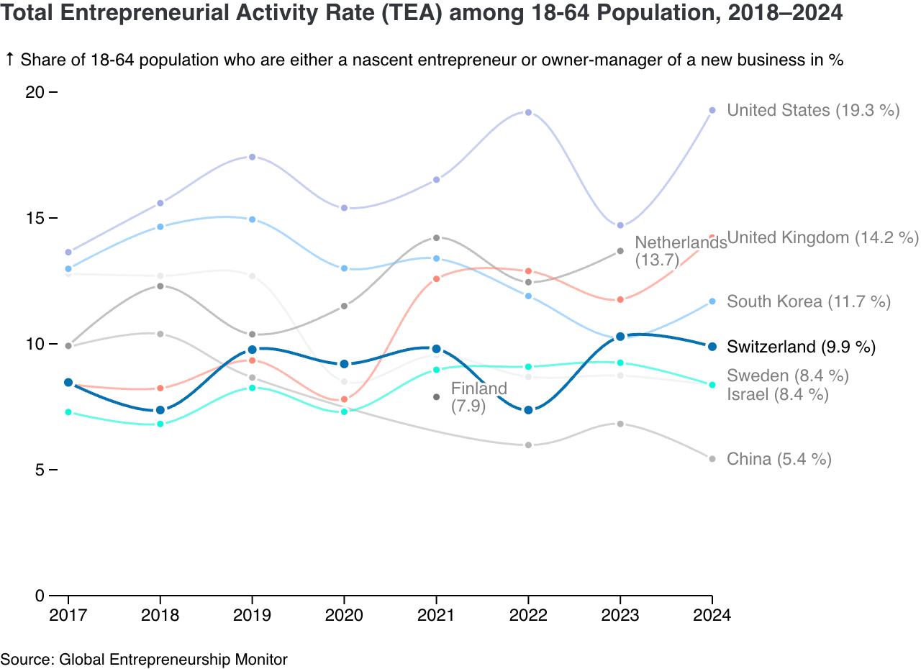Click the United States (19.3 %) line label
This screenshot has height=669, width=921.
pos(813,110)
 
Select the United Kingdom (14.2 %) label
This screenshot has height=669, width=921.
pos(823,237)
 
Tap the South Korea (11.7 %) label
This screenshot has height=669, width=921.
pos(809,301)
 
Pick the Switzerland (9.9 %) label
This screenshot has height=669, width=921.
pos(801,347)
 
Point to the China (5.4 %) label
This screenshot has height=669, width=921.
pos(779,459)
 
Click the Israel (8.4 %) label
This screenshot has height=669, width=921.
pos(778,394)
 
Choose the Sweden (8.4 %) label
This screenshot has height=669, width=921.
pos(788,376)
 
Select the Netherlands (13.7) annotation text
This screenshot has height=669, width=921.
pos(680,251)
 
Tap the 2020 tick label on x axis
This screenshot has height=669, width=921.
pos(344,616)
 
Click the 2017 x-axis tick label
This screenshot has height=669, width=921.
pos(68,616)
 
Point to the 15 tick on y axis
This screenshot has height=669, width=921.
pos(35,218)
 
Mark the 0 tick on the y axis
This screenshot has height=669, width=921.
pos(40,596)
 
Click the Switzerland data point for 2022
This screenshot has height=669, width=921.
pos(528,410)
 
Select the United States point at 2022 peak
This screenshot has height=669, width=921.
pos(528,112)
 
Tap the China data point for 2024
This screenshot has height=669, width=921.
pos(712,459)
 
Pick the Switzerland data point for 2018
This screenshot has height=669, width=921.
pos(160,410)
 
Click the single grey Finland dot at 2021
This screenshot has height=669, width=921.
pos(436,397)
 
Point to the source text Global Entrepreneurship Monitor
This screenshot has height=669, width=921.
pos(173,659)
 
